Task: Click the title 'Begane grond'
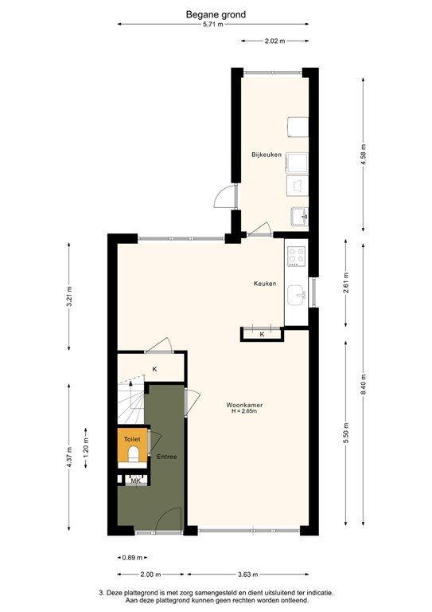coord(216,14)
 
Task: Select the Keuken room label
coord(265,284)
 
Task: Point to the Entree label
coord(166,457)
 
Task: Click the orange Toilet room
coord(132,449)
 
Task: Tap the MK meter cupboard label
coord(135,481)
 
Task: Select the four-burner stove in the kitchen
coord(297,257)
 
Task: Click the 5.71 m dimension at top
coord(213,25)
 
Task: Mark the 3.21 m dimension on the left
coord(69,295)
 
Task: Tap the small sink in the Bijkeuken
coord(298,215)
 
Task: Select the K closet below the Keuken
coord(262,335)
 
